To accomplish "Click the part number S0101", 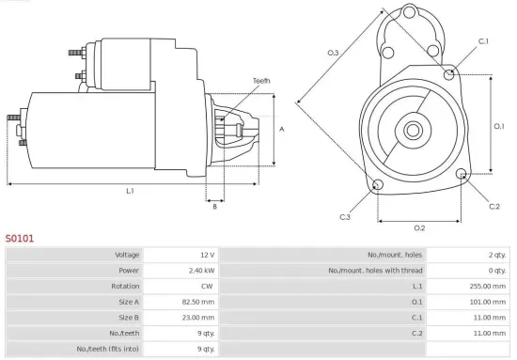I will [20, 239].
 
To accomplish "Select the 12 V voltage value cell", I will [206, 255].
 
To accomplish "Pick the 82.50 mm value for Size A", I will [198, 302].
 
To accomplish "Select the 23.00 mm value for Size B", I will [198, 318].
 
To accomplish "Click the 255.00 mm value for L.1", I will [492, 286].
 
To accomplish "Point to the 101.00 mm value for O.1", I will [492, 302].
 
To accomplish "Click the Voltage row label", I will [127, 255].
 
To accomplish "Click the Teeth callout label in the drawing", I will [261, 81].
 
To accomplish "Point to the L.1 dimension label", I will [130, 191].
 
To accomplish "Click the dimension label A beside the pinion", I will [281, 129].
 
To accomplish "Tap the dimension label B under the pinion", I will [215, 207].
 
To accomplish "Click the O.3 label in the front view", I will [333, 54].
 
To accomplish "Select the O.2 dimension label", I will [419, 227].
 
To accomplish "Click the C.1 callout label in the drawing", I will [483, 41].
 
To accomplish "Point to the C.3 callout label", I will [345, 217].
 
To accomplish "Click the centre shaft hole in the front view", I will [414, 126].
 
